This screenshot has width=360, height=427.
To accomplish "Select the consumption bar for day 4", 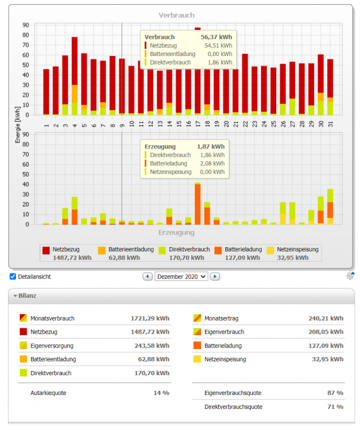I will tap(75, 75).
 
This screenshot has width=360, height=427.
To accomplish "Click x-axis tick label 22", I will tap(245, 124).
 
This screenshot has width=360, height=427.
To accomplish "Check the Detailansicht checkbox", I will tap(13, 276).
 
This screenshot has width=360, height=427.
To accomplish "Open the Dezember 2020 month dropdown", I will tap(181, 276).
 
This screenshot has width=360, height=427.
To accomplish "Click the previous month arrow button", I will tap(147, 276).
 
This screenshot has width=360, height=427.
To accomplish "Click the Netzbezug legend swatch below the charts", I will tap(46, 250).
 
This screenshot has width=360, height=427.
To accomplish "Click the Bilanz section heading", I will tap(28, 295).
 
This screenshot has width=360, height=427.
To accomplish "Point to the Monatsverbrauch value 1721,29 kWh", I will tap(150, 319).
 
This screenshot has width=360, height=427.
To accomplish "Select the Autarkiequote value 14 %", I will tap(161, 393).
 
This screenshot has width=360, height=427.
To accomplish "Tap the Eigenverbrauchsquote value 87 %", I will tap(335, 393).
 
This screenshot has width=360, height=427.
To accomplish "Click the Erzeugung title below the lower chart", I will tap(177, 233).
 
